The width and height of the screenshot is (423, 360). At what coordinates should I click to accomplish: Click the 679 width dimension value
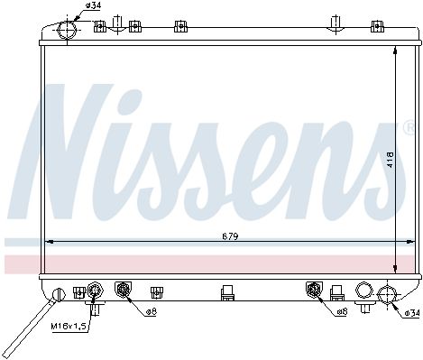click(x=230, y=236)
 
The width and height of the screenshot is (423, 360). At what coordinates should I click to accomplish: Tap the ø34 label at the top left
click(x=93, y=5)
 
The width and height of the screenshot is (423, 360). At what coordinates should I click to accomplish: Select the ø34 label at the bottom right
click(x=412, y=313)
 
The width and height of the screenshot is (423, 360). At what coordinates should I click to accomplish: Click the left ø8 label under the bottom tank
click(x=152, y=312)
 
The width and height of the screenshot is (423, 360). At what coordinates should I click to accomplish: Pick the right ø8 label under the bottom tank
click(x=342, y=312)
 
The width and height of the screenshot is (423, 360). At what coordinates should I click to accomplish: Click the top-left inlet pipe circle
click(x=67, y=30)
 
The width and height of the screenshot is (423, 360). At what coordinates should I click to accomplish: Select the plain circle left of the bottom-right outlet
click(x=364, y=291)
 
